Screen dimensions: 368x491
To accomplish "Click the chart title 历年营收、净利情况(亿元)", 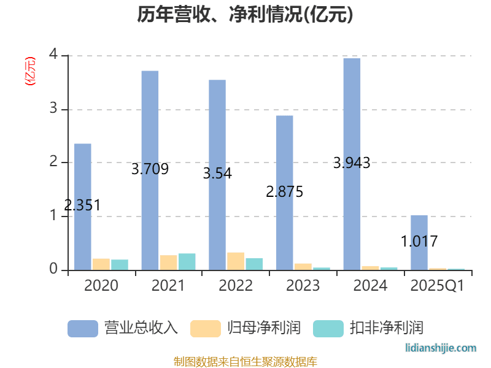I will [245, 15].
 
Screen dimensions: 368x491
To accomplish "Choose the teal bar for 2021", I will [187, 262].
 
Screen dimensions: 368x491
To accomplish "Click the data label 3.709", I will [150, 169].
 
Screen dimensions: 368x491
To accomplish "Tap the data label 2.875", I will [285, 191].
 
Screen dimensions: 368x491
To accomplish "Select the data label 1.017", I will [419, 241].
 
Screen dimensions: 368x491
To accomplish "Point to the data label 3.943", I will [352, 163].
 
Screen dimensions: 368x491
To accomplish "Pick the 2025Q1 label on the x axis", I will [438, 286].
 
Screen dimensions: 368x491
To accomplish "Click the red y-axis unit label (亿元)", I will [29, 71].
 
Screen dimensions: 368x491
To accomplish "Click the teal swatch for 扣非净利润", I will [328, 328].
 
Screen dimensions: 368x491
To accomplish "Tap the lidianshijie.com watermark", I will [441, 348].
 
